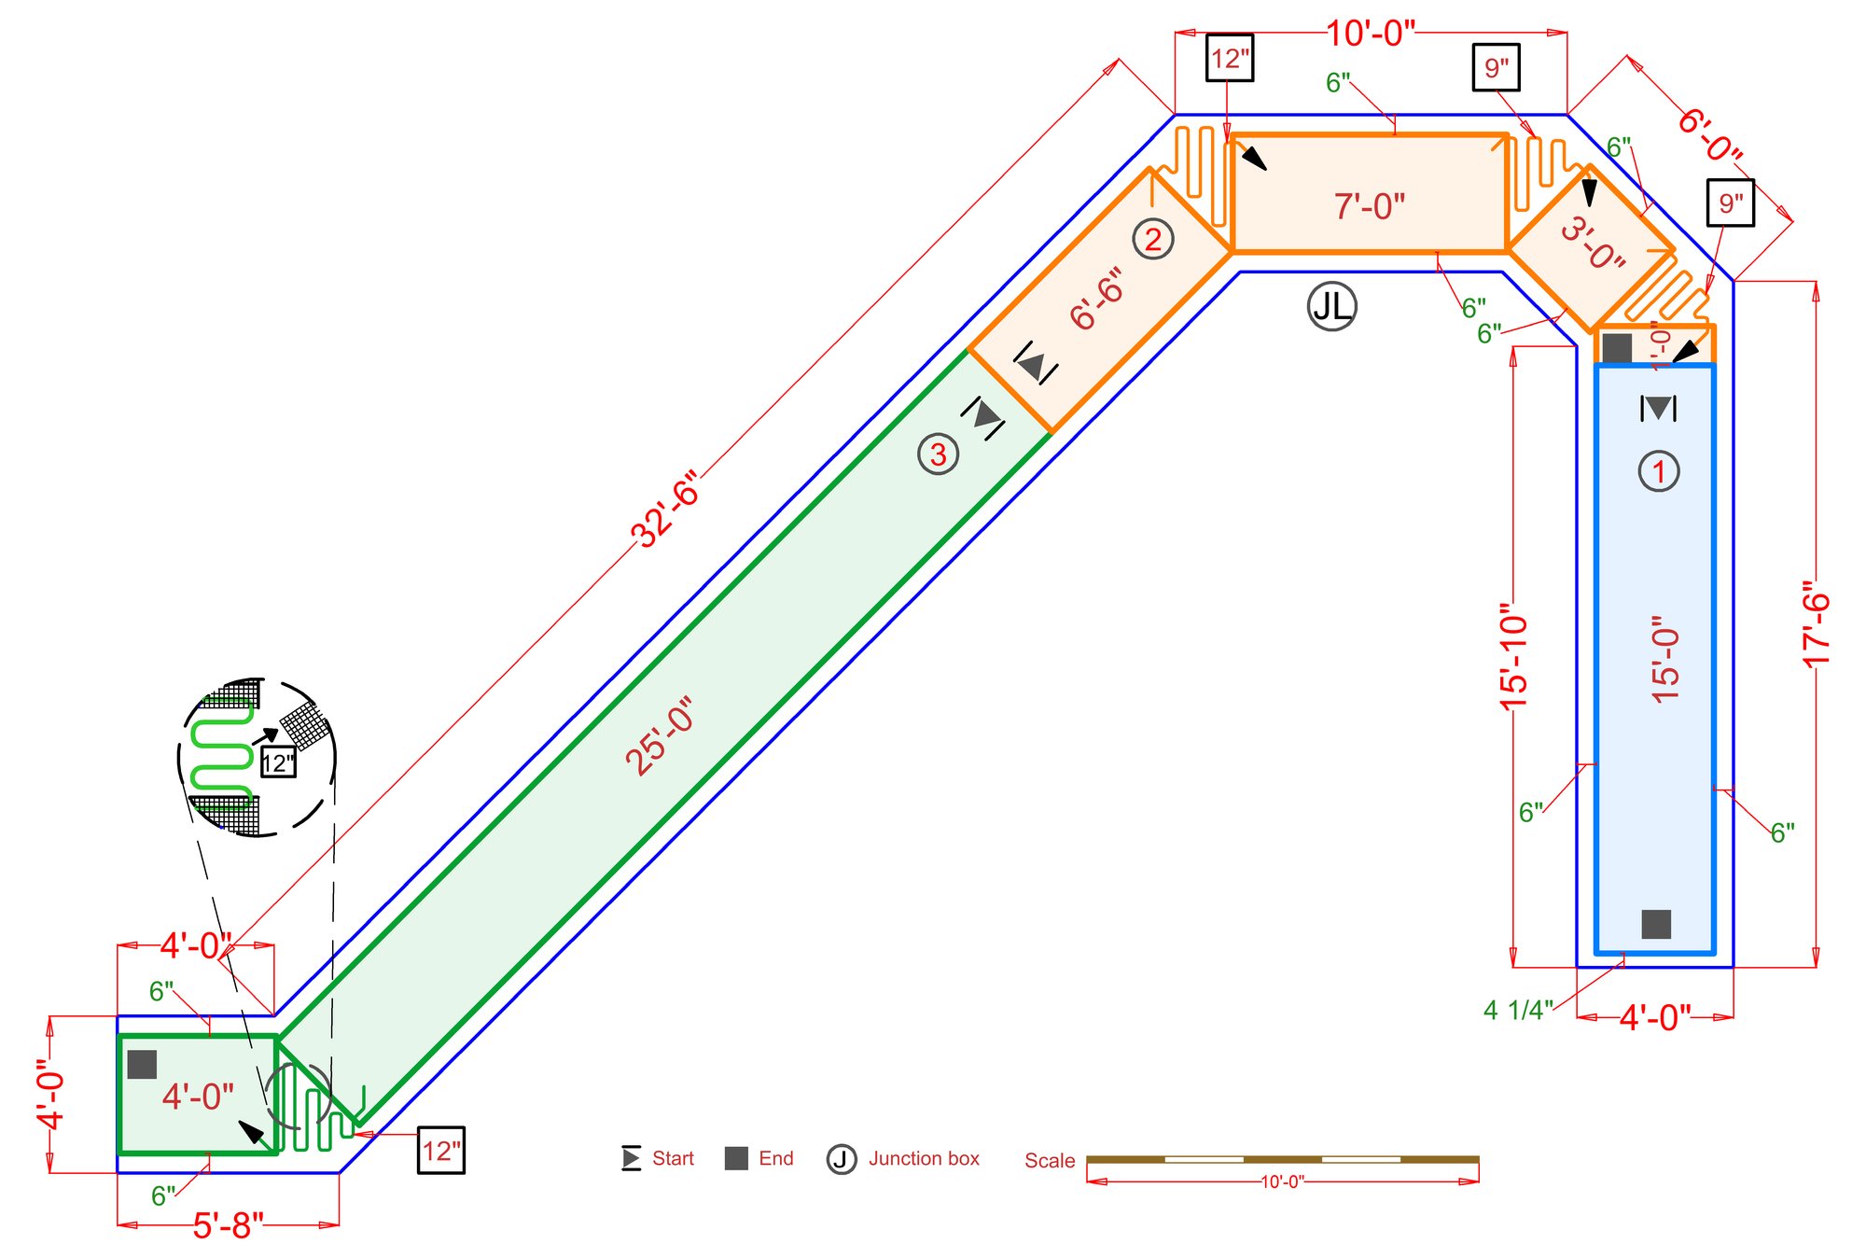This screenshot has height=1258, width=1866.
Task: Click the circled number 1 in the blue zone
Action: [x=1658, y=471]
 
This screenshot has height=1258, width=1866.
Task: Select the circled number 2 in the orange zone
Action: [x=1153, y=240]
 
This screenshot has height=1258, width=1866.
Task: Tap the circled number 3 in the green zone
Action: [x=938, y=454]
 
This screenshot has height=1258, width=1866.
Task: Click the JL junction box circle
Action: [x=1331, y=305]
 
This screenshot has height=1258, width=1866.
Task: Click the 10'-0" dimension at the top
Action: [x=1371, y=34]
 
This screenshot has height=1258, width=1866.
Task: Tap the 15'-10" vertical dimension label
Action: [x=1513, y=662]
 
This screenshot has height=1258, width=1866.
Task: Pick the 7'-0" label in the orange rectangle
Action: [x=1369, y=205]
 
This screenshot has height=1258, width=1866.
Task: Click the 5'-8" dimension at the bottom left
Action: [x=229, y=1225]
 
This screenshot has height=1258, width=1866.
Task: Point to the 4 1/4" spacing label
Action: [x=1518, y=1010]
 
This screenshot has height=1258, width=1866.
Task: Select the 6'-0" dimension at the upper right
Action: [x=1709, y=135]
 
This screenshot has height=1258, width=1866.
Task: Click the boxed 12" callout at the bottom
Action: [x=440, y=1151]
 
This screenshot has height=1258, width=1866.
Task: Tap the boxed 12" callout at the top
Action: [x=1230, y=59]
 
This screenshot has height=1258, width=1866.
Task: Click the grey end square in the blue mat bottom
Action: [x=1656, y=924]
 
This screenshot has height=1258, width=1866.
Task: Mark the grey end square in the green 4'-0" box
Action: [x=142, y=1064]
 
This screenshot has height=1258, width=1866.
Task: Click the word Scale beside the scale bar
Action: [x=1050, y=1160]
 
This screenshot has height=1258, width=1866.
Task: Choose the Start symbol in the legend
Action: [x=632, y=1158]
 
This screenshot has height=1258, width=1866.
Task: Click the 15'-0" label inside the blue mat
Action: [x=1664, y=658]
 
